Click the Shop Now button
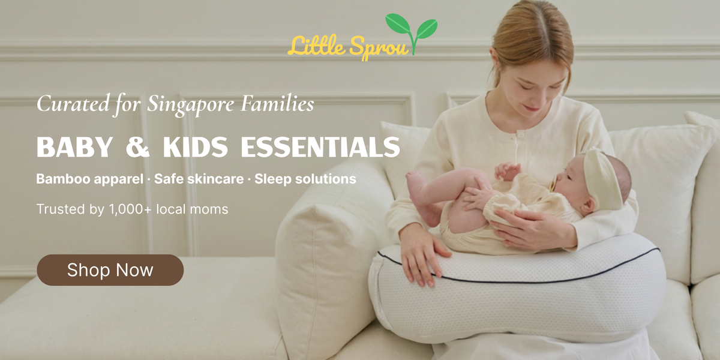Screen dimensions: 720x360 coord(110,270)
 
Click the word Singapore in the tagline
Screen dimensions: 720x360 coord(191,104)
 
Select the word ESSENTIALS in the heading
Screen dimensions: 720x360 coord(320,147)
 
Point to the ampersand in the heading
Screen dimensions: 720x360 coord(137,147)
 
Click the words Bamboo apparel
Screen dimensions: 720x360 coord(89,179)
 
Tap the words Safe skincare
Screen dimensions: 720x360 coord(199,179)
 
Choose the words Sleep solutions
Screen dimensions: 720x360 coord(305,179)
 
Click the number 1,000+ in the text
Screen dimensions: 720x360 coord(130,209)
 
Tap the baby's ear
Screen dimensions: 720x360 coord(589,205)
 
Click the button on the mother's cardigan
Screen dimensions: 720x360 coord(521,135)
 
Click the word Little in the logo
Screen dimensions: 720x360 coord(316,46)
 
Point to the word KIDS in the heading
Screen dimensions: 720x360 coord(196,147)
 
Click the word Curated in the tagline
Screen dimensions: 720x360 coord(73,103)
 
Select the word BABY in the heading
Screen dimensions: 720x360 coord(74,147)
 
